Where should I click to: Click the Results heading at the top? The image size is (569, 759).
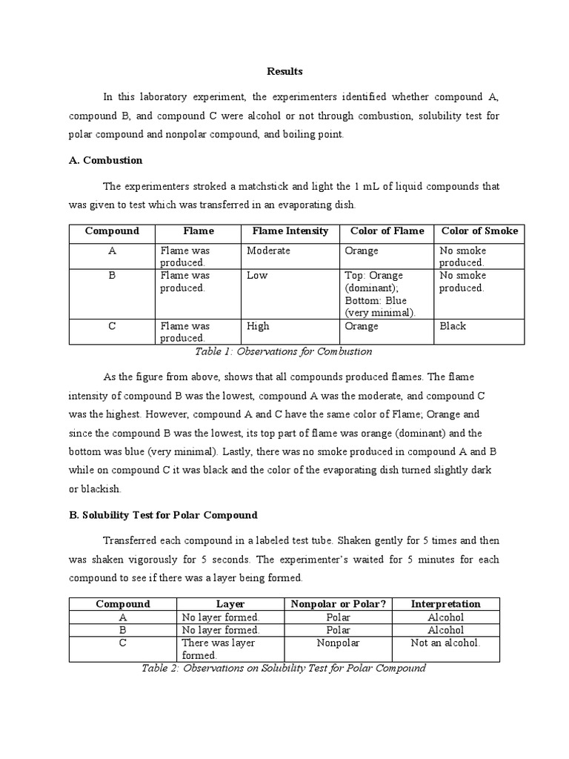tap(284, 72)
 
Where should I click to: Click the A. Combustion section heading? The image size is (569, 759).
tap(105, 160)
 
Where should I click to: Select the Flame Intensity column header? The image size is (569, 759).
tap(290, 231)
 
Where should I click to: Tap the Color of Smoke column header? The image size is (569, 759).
tap(479, 231)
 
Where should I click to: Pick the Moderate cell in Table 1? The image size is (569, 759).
tap(268, 251)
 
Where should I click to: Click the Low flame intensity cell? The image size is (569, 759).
tap(259, 275)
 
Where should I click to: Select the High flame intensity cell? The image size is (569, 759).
tap(259, 326)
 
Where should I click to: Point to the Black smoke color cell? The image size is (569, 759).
tap(453, 326)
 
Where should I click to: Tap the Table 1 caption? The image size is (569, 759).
tap(283, 351)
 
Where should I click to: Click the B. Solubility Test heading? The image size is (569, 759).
tap(163, 515)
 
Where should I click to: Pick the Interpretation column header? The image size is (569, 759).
tap(446, 604)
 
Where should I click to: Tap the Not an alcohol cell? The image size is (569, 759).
tap(446, 643)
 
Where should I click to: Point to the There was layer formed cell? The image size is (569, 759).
tap(219, 649)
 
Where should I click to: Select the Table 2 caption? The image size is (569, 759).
tap(284, 668)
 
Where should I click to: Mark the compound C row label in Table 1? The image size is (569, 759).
tap(113, 326)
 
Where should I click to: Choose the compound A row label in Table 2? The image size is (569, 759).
tap(123, 617)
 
